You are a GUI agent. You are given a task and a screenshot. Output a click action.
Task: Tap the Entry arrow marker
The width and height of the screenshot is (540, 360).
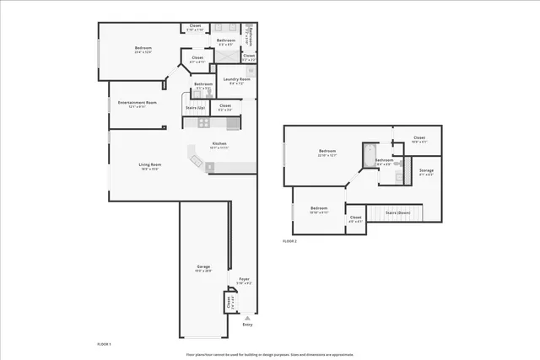click(x=246, y=318)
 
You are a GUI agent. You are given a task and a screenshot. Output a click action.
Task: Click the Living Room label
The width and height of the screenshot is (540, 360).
click(x=150, y=166)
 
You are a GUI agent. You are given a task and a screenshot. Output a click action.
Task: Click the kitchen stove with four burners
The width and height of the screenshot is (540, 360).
click(x=203, y=123)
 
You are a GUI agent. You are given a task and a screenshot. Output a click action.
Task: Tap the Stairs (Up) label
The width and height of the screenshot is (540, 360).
click(x=195, y=108)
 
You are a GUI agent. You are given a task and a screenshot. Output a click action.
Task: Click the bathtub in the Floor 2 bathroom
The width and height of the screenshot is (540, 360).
click(x=369, y=155)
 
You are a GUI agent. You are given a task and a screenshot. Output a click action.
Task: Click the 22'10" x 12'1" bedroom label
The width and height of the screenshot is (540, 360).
click(x=327, y=153)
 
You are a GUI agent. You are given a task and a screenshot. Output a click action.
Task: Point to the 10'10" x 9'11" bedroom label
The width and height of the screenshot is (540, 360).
click(x=319, y=210)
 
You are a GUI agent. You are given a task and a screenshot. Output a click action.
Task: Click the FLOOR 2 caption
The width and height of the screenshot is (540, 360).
click(x=289, y=241)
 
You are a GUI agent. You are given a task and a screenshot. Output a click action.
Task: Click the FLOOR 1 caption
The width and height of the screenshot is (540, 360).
click(x=105, y=343)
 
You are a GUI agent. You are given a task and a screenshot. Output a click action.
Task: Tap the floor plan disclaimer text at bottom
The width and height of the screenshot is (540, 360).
click(x=270, y=354)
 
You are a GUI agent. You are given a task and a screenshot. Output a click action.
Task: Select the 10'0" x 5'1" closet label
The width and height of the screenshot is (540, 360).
click(x=419, y=139)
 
